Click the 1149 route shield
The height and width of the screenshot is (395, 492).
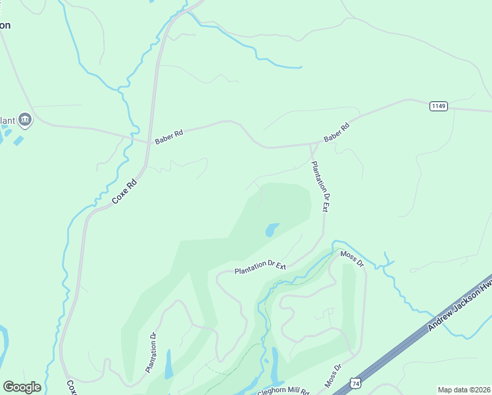point(439,106)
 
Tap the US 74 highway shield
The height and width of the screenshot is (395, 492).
point(355,382)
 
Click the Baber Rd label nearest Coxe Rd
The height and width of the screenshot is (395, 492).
point(169,136)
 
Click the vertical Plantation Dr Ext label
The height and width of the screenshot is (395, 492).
point(320,186)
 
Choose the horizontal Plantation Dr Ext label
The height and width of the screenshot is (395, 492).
point(261,267)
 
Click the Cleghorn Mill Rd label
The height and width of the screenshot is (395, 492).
point(283,391)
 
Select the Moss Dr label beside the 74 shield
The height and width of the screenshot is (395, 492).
point(333,375)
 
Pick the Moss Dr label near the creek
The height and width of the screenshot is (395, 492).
point(352,258)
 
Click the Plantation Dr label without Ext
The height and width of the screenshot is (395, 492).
point(151,351)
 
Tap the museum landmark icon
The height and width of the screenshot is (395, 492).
point(25,119)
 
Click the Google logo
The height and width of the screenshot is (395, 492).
point(22,387)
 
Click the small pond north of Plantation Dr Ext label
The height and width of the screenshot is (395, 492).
point(271,230)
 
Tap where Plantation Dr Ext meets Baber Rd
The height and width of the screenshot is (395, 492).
point(311,144)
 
